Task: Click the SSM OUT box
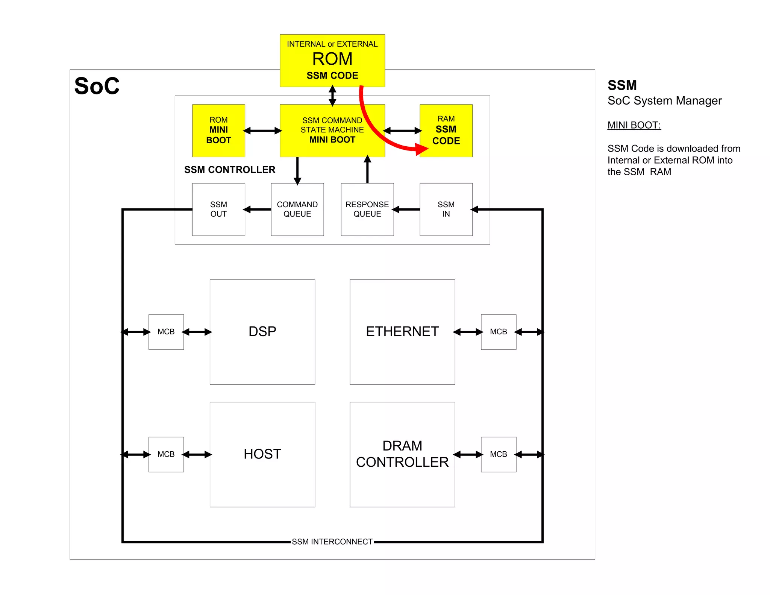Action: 218,209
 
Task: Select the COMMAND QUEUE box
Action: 297,209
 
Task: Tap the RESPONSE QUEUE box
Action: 367,209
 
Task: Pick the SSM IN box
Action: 446,209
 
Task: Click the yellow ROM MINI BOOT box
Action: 218,131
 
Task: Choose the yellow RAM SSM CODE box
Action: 446,131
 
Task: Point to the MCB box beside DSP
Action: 166,332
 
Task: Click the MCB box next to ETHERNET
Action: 498,332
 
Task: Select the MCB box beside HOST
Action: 166,454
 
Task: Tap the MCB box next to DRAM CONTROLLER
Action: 498,454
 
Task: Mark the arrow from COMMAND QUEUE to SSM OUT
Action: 258,209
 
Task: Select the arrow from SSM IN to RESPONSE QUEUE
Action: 406,209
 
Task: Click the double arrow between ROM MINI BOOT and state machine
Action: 262,131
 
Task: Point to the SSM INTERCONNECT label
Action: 332,542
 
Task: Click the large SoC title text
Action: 97,86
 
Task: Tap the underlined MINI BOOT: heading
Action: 634,125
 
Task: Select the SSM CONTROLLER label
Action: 230,170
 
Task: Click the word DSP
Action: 262,331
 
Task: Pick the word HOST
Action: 262,454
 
